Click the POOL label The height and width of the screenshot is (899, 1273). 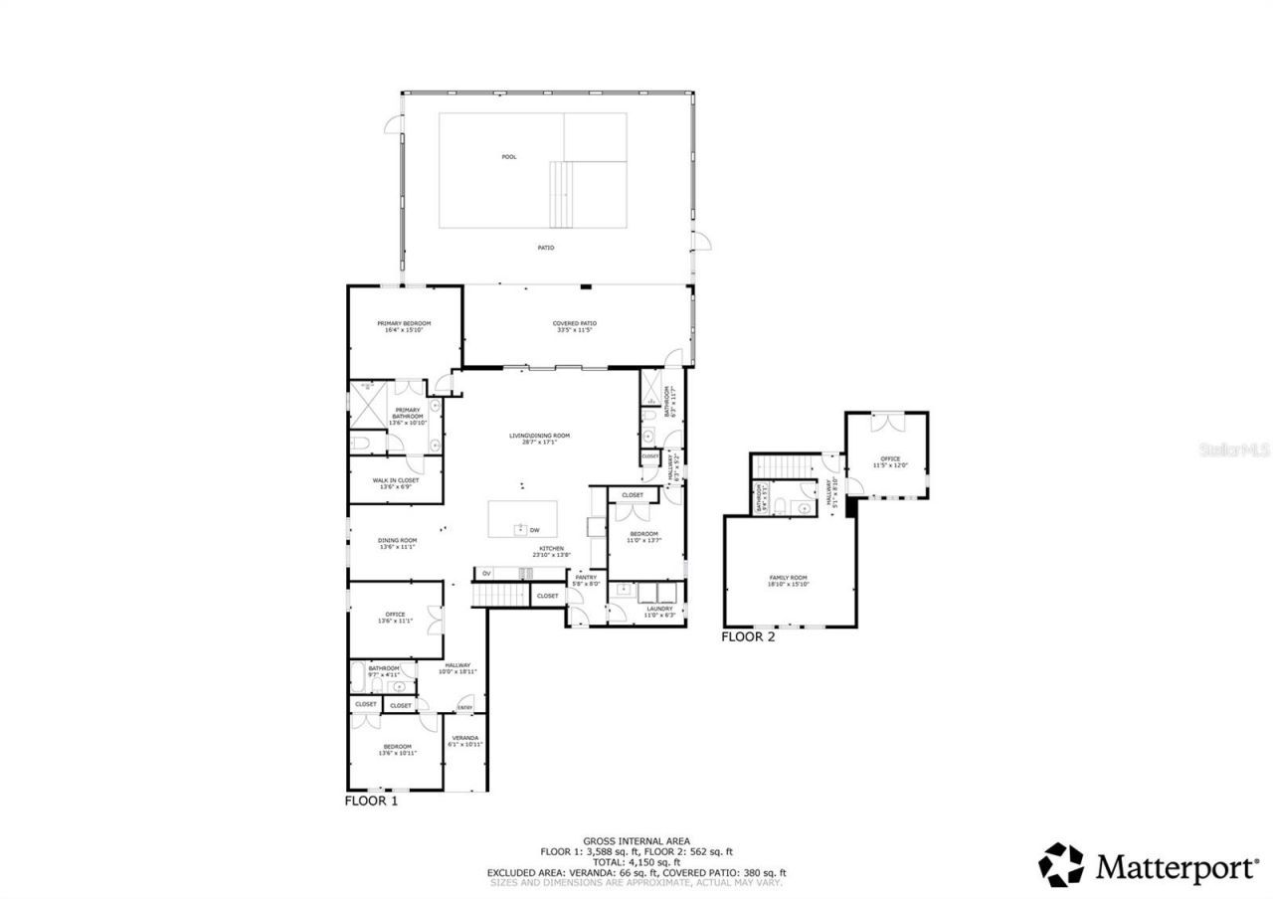tap(509, 157)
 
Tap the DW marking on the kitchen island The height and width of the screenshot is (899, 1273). tap(534, 530)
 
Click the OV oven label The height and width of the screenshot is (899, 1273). tap(486, 574)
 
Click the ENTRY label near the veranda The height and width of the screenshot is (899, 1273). tap(464, 708)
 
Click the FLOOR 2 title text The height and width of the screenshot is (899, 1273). tap(748, 637)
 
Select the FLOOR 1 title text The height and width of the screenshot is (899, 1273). tap(371, 801)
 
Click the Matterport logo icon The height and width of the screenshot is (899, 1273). tap(1061, 865)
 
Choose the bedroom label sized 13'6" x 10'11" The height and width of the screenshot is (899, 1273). tap(397, 750)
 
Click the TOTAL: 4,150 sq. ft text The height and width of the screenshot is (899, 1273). tap(636, 862)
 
